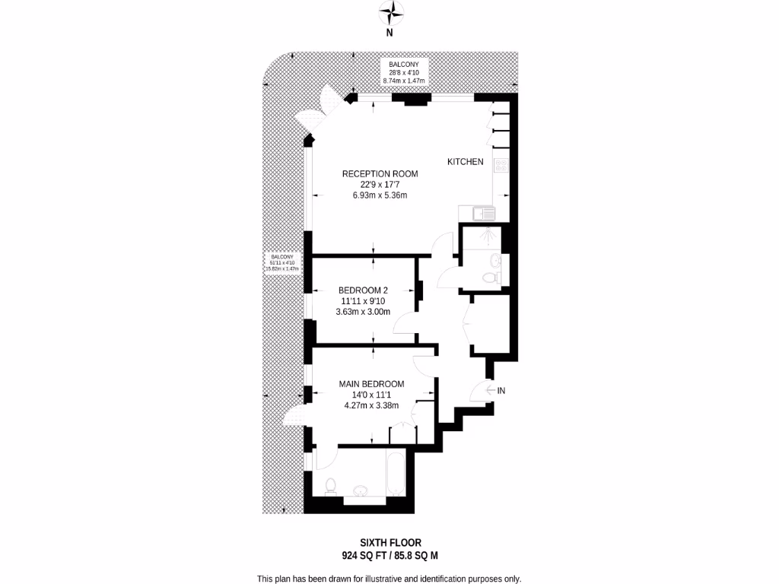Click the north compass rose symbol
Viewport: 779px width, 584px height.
[390, 13]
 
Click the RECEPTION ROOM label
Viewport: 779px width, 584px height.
[380, 173]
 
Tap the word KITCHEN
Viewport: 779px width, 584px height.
[465, 162]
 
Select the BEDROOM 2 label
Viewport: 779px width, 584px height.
[364, 290]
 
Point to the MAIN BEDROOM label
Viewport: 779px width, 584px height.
[371, 384]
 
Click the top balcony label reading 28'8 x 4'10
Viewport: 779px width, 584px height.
[404, 72]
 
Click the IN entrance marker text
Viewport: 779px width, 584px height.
[501, 391]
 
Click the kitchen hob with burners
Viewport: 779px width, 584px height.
[501, 166]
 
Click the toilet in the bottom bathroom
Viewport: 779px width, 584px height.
[330, 486]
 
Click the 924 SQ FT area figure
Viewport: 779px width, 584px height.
[362, 555]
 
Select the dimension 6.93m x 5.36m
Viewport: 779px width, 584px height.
[380, 195]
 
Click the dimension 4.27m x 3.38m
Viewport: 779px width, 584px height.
[371, 405]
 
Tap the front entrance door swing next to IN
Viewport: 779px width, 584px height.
[481, 392]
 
